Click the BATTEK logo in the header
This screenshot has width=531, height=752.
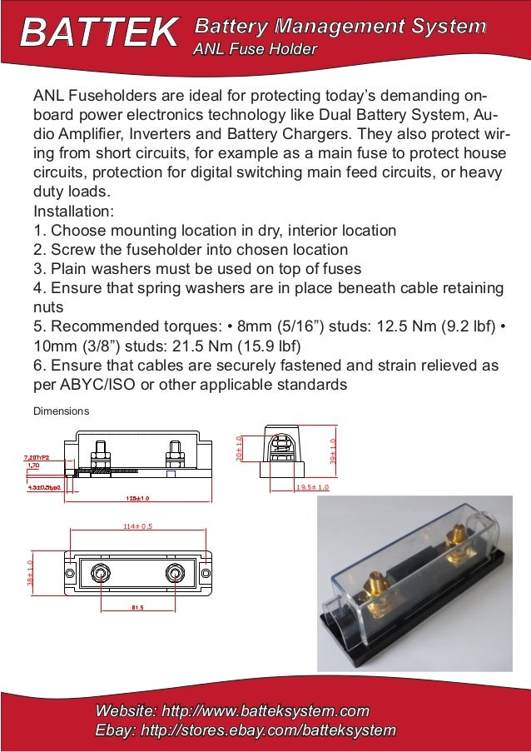click(99, 33)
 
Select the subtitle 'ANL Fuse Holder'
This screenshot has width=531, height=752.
click(255, 50)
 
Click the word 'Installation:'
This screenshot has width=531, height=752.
click(73, 211)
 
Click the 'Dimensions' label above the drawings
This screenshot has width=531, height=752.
click(60, 411)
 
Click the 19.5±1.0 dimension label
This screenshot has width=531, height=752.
click(312, 486)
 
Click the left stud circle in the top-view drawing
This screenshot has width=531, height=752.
click(100, 574)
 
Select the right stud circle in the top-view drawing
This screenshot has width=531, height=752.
click(175, 574)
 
